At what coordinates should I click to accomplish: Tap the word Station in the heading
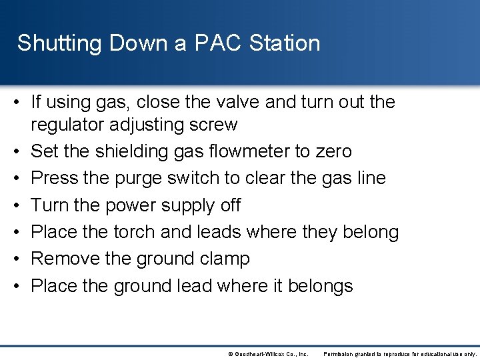[x=285, y=43]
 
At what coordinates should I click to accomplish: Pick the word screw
[x=214, y=125]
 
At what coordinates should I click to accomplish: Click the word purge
[x=131, y=179]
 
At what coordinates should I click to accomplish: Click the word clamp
[x=225, y=259]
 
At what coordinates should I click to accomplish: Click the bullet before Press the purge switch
[x=20, y=179]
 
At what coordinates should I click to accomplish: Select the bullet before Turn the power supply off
[x=20, y=205]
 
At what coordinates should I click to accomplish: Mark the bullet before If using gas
[x=20, y=102]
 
